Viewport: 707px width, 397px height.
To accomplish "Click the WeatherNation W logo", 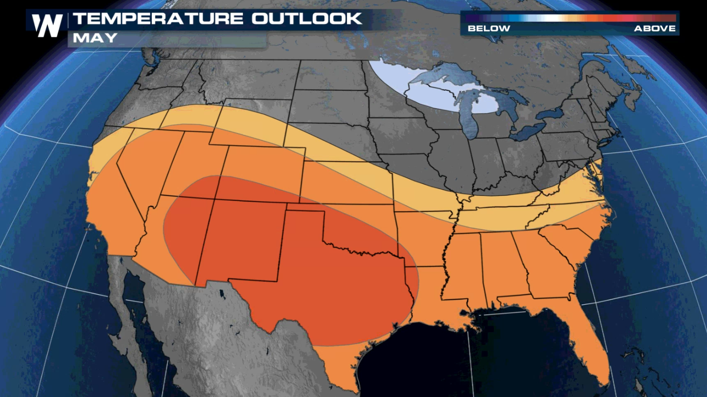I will [x=47, y=25].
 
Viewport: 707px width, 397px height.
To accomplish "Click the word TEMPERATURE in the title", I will [x=158, y=19].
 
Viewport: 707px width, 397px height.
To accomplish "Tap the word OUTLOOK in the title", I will [x=307, y=19].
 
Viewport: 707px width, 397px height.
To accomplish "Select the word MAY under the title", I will [x=95, y=38].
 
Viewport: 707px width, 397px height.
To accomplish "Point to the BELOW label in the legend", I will [x=489, y=28].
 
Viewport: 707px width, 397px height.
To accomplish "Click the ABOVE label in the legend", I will [x=654, y=28].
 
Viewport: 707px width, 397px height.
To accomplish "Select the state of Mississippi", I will [x=463, y=267].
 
